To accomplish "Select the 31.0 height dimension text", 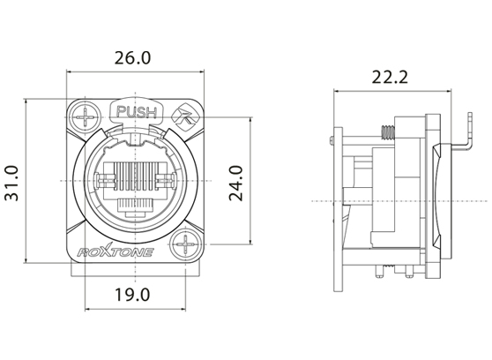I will coord(13,182).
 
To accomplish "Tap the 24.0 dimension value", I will coord(236,182).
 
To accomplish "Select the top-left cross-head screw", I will coord(86,116).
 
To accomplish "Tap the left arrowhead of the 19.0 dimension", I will coord(88,310).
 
